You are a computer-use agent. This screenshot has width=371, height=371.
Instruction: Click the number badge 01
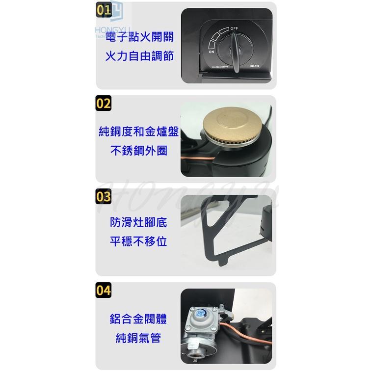(x=104, y=10)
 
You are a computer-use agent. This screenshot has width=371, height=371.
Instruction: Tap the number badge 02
(x=104, y=104)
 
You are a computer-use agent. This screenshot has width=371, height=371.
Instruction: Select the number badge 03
(x=104, y=197)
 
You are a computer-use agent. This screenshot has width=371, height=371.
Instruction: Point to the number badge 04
(x=104, y=290)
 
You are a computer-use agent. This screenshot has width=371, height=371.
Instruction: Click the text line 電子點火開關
(x=139, y=38)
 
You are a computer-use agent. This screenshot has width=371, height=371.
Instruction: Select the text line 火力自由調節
(x=139, y=56)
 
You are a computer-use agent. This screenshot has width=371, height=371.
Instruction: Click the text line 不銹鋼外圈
(x=139, y=151)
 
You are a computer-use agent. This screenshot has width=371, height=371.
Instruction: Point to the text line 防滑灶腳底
(x=139, y=223)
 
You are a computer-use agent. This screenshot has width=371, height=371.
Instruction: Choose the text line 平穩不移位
(x=139, y=241)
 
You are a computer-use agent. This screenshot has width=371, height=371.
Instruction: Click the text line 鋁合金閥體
(x=139, y=319)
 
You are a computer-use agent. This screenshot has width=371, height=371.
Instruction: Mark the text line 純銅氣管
(x=139, y=338)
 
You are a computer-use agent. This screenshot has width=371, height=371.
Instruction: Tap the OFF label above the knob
(x=235, y=29)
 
